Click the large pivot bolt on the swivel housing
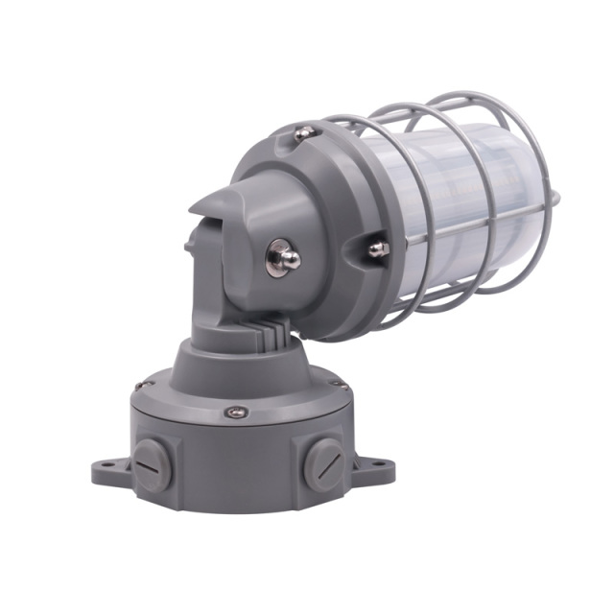click(x=283, y=256)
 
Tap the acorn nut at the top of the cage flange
click(x=303, y=134)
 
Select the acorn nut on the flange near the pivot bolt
click(x=378, y=249)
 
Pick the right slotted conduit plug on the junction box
click(x=322, y=463)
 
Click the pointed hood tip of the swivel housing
click(x=196, y=208)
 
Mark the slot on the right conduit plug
click(x=323, y=464)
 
